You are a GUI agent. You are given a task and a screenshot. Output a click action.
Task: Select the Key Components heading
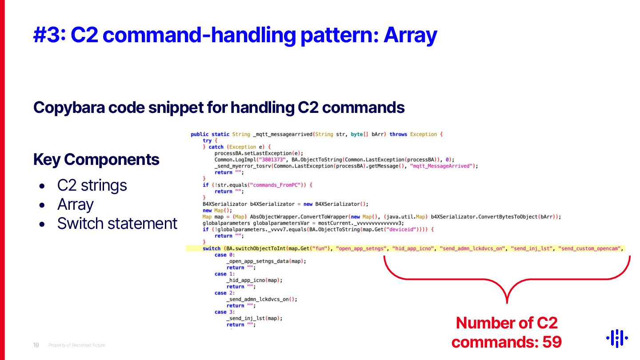96,160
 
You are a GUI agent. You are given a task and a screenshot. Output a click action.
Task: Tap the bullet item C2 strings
92,185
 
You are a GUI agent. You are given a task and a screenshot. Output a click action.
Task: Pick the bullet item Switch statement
117,223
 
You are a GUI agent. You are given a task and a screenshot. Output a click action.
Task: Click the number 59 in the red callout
552,342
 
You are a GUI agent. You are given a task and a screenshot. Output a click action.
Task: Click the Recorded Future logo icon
617,338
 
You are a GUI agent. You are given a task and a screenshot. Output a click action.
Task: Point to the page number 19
36,345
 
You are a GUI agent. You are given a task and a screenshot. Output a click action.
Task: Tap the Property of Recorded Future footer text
76,345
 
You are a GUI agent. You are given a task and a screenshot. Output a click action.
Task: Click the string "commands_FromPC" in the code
277,185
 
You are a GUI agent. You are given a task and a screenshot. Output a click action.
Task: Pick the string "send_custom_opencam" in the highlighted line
590,248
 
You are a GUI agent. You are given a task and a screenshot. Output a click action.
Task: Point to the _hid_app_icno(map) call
254,280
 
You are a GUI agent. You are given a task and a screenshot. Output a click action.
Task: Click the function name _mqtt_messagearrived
278,134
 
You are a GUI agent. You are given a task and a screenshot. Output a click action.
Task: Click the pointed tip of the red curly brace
507,302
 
